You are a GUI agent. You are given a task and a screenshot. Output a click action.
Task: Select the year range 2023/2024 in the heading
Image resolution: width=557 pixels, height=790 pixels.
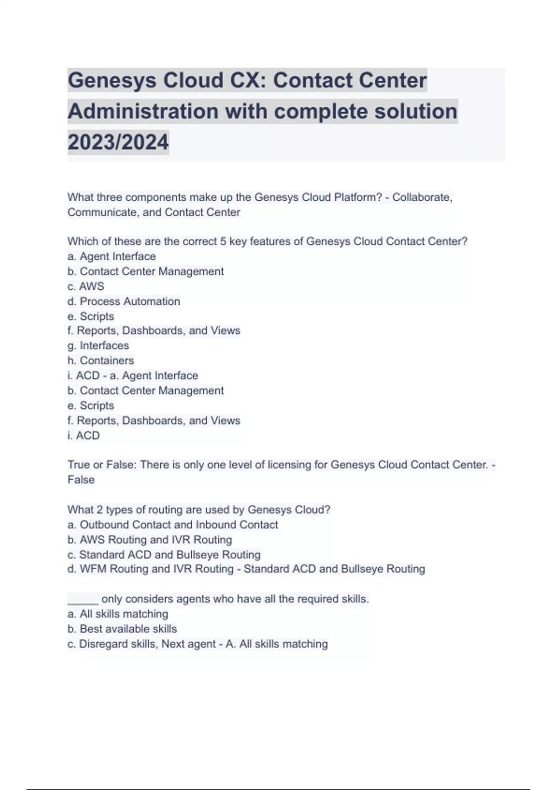tap(118, 142)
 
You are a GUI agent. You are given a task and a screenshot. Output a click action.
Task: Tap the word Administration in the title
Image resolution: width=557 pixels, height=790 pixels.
tap(143, 111)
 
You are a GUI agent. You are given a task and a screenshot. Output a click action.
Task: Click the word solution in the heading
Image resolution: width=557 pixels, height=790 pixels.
tap(415, 111)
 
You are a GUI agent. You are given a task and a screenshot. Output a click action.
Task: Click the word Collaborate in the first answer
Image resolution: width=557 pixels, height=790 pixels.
tap(421, 197)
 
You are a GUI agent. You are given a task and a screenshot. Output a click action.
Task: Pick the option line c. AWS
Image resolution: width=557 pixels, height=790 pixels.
tap(86, 286)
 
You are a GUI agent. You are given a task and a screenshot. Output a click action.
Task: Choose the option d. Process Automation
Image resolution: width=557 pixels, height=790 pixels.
tap(123, 301)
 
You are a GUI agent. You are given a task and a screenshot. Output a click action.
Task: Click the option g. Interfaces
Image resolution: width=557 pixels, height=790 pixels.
tap(98, 345)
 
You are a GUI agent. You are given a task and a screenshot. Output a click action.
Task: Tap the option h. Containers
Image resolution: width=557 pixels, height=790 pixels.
tap(101, 360)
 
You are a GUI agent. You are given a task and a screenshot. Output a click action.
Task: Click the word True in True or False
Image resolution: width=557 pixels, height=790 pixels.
tap(79, 464)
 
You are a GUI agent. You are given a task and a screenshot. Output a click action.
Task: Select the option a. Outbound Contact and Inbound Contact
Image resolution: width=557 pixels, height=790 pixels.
tap(173, 525)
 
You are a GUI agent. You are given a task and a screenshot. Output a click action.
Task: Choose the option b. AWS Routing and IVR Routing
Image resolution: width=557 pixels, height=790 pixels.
tap(149, 540)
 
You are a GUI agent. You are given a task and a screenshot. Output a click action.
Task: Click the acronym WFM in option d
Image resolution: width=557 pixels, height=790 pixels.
tap(93, 569)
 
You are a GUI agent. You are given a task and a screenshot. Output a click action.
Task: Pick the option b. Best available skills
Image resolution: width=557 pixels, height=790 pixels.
tap(122, 629)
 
